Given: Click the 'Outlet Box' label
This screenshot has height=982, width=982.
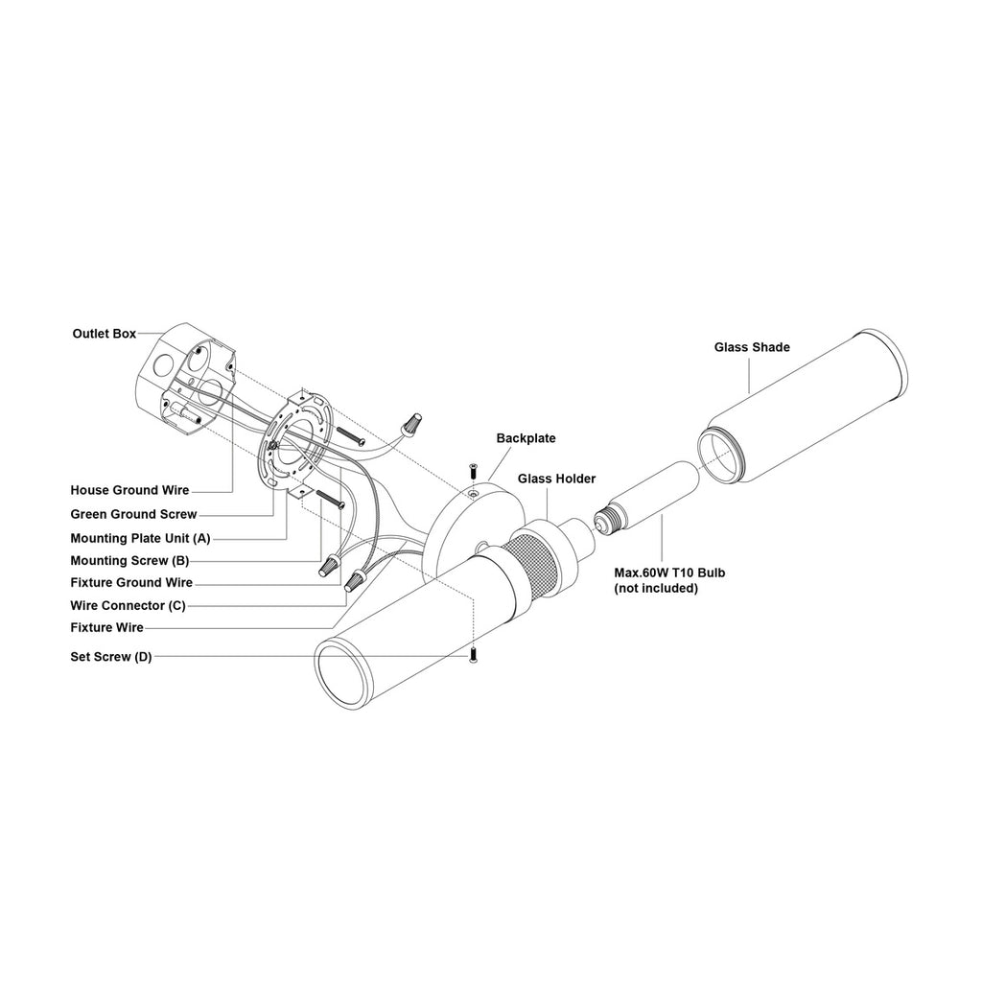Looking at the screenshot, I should pyautogui.click(x=104, y=334).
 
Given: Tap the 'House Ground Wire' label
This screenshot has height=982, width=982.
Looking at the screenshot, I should pyautogui.click(x=129, y=490).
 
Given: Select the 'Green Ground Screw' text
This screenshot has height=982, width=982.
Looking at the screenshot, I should pyautogui.click(x=133, y=514).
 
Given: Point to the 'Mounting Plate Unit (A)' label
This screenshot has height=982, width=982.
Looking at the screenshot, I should pyautogui.click(x=140, y=538).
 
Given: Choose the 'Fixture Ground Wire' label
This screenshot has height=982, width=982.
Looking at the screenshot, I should pyautogui.click(x=131, y=583).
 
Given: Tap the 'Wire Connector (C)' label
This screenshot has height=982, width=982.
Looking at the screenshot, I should pyautogui.click(x=129, y=606).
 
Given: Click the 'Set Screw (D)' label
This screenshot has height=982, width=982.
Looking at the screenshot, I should pyautogui.click(x=110, y=657).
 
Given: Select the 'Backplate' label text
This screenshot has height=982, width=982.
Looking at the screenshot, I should pyautogui.click(x=526, y=438).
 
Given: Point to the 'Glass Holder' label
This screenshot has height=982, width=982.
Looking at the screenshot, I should pyautogui.click(x=556, y=479).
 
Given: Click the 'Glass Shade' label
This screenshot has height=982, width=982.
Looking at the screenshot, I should pyautogui.click(x=752, y=347).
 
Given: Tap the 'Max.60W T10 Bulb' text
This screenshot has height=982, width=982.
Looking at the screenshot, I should pyautogui.click(x=669, y=573).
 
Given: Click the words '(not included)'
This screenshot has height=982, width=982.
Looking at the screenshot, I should pyautogui.click(x=656, y=588).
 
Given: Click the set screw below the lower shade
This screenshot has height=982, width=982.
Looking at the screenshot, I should pyautogui.click(x=472, y=655).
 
